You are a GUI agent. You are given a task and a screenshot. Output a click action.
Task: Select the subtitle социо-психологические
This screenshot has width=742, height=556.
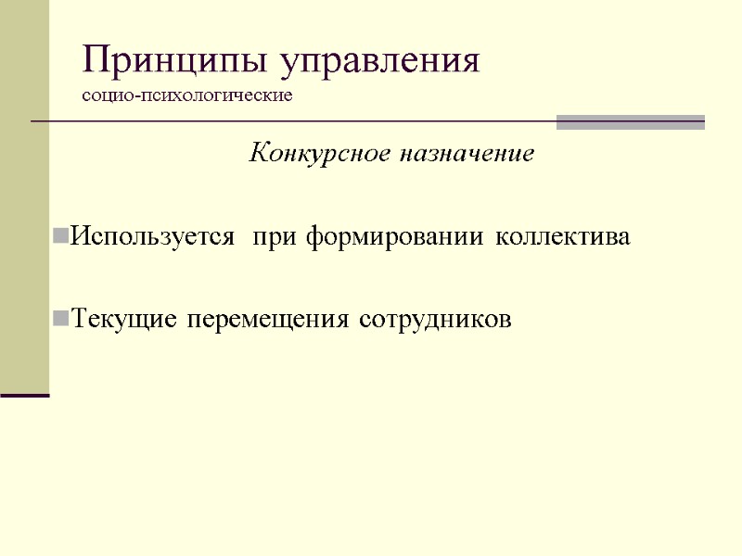(187, 95)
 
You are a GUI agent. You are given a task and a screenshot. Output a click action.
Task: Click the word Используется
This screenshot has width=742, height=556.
(152, 237)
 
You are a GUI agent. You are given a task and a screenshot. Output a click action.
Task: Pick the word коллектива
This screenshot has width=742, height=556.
(562, 237)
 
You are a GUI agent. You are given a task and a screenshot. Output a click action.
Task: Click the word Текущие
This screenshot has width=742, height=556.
(125, 320)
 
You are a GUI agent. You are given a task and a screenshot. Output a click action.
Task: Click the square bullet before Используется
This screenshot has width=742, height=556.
(61, 237)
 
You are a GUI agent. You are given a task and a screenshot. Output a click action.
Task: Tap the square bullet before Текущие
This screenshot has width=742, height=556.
(61, 320)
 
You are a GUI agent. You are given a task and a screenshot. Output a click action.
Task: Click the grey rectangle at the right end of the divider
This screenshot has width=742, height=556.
(630, 122)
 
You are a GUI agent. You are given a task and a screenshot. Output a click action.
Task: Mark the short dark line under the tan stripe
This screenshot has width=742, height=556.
(24, 396)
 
